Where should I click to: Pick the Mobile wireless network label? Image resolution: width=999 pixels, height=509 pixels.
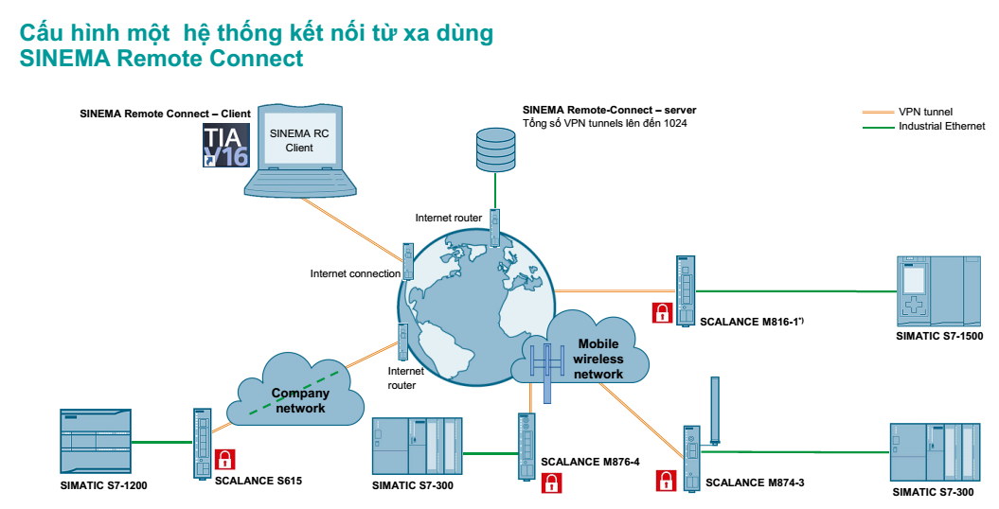click(600, 360)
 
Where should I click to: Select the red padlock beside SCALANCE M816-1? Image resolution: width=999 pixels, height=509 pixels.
click(663, 312)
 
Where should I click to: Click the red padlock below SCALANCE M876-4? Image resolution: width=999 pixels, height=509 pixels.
click(551, 483)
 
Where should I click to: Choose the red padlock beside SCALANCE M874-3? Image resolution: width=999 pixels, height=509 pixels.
click(667, 481)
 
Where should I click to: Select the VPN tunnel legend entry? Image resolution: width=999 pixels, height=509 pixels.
click(925, 112)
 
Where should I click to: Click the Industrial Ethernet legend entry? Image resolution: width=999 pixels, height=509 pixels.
click(941, 126)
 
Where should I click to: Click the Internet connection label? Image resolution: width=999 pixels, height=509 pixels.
click(355, 273)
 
